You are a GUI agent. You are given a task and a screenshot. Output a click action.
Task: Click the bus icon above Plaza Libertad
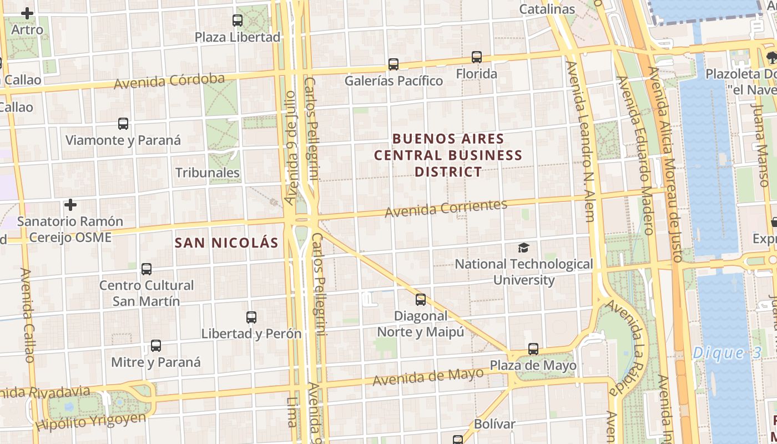(x=238, y=21)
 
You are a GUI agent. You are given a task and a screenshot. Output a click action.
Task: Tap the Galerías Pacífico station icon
(x=393, y=64)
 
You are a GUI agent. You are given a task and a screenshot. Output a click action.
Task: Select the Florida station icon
(x=477, y=57)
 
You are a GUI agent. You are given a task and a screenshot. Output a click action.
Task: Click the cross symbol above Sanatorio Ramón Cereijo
(x=70, y=205)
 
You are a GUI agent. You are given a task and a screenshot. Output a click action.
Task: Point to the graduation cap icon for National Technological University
(x=523, y=248)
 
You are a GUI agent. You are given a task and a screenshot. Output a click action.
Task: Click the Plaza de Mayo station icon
(x=533, y=349)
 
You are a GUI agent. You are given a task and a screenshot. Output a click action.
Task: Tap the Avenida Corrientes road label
(x=446, y=208)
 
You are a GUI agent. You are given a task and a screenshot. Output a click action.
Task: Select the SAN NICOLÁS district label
(x=226, y=243)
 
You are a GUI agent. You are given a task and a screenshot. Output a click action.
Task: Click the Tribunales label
(x=208, y=173)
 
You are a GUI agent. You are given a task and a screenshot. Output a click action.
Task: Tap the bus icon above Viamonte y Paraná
(x=123, y=124)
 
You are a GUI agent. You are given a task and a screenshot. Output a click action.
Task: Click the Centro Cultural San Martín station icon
(x=147, y=269)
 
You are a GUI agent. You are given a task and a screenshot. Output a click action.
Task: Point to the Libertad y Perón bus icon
(x=251, y=317)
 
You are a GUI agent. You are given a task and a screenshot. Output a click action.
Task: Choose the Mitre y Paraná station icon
(x=156, y=346)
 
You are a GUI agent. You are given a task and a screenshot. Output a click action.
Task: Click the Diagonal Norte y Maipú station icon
(x=421, y=300)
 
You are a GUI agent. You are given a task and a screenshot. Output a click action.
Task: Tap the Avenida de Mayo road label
(x=428, y=377)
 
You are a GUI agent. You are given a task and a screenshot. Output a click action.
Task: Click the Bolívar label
(x=495, y=424)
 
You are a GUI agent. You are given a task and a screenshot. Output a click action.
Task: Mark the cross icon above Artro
(x=27, y=13)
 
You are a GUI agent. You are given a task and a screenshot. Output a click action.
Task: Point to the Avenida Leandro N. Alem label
(x=581, y=142)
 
